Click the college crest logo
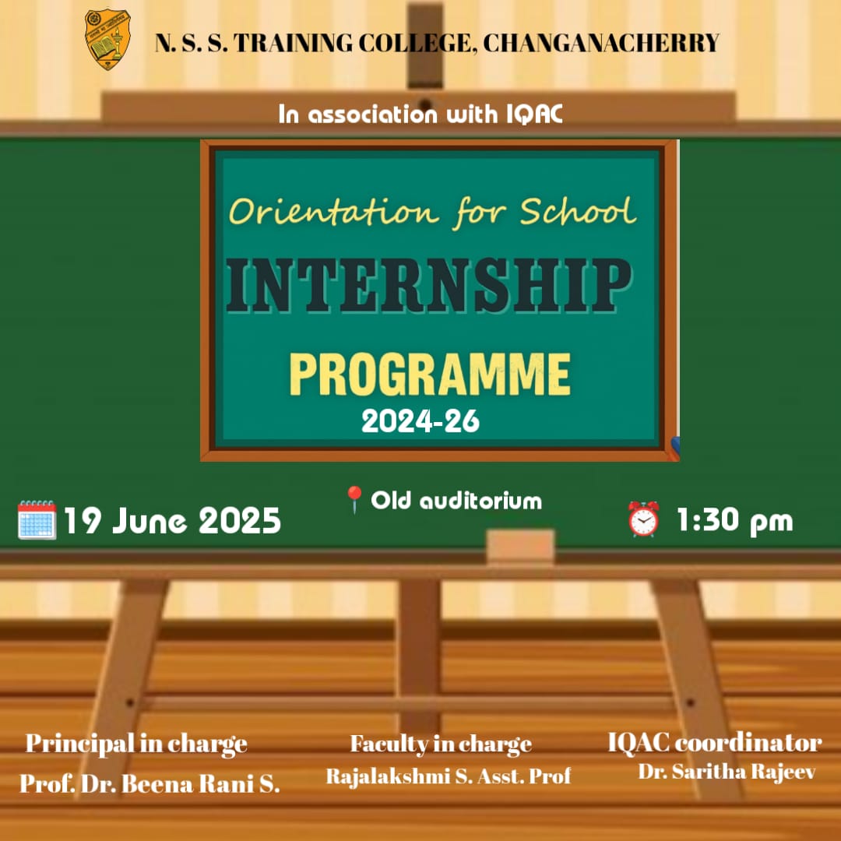point(107,39)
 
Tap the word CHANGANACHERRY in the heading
point(601,43)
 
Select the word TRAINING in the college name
point(293,43)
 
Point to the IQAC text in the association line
point(534,114)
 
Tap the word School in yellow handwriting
point(578,211)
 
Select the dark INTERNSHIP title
point(428,285)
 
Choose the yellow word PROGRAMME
point(430,375)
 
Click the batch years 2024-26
point(420,421)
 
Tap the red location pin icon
point(354,499)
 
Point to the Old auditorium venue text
point(456,501)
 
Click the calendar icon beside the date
point(37,519)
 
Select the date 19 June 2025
point(172,521)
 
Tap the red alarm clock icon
point(643,519)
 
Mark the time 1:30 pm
point(734,520)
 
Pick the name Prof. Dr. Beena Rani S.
point(150,783)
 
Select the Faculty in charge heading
point(441,744)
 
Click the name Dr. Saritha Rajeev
point(727,772)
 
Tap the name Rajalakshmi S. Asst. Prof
point(449,776)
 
